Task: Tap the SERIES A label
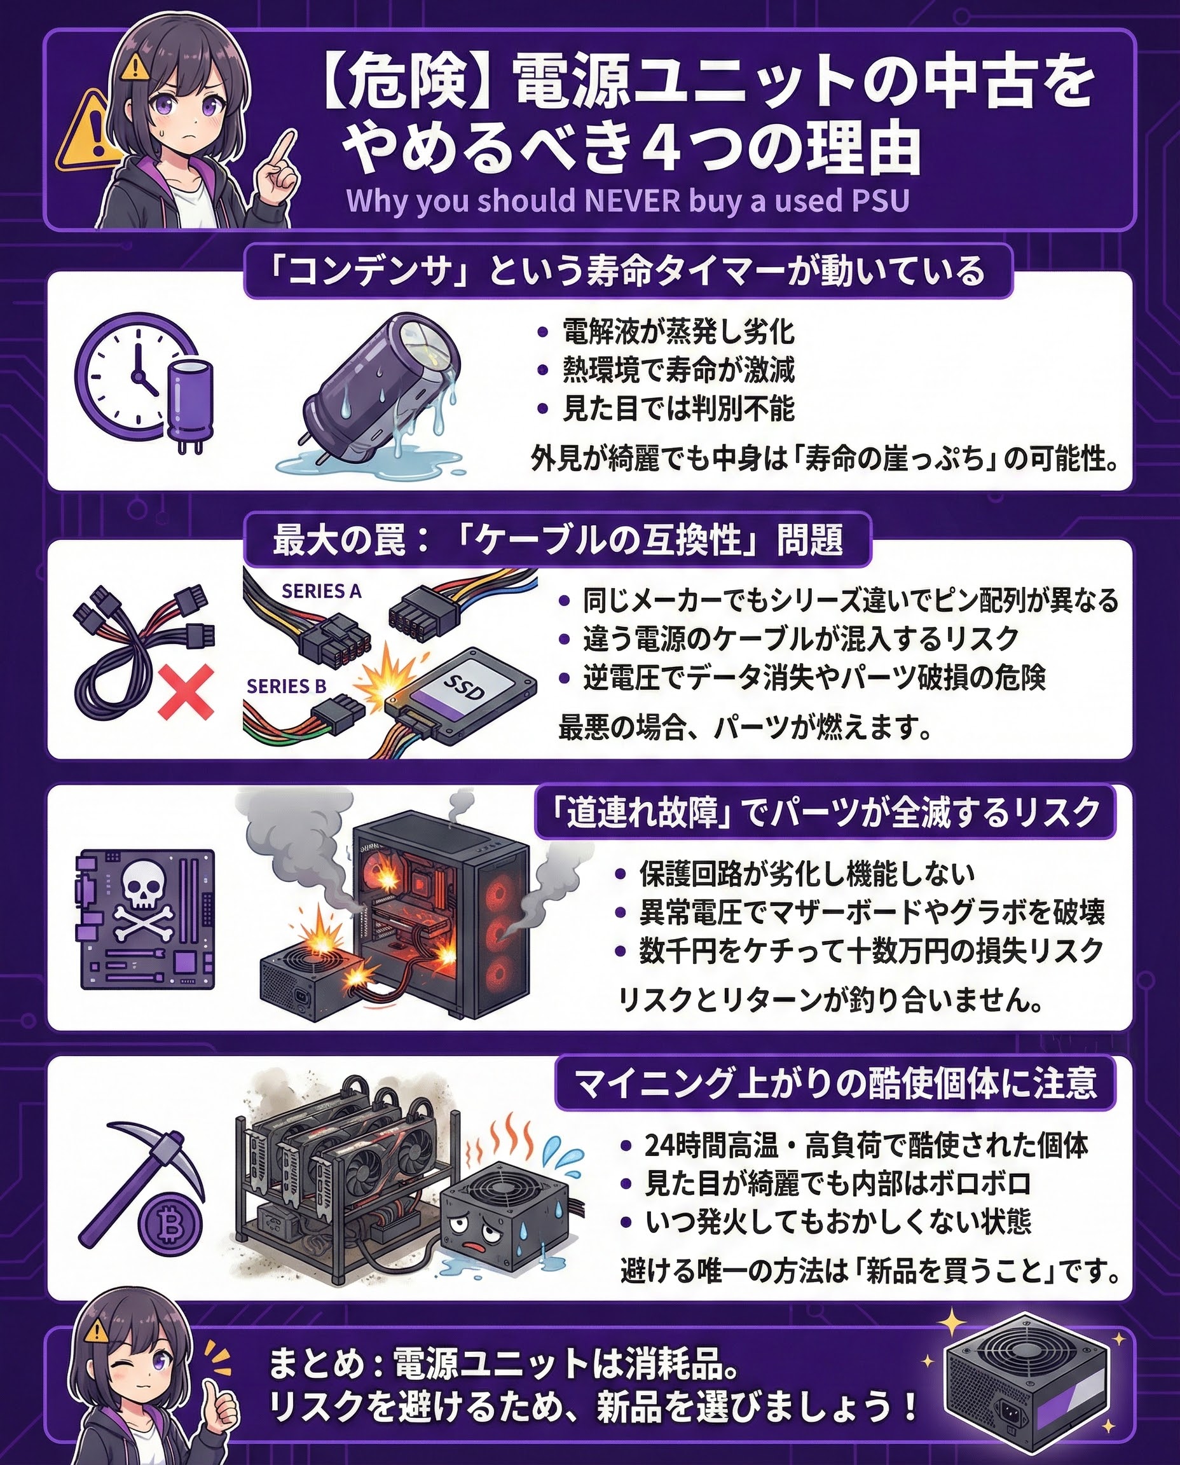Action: point(322,591)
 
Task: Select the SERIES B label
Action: point(286,687)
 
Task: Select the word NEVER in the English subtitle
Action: point(628,202)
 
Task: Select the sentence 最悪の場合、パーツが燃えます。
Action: point(745,727)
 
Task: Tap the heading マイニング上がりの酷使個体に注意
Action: point(835,1082)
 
